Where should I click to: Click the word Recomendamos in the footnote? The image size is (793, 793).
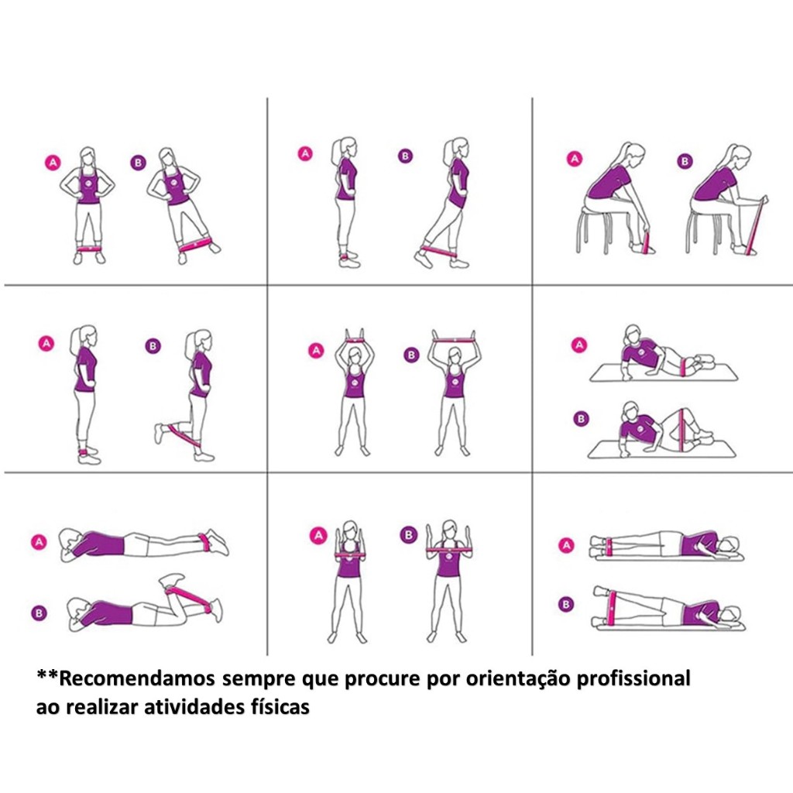tap(136, 678)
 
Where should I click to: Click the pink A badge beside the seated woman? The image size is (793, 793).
tap(574, 159)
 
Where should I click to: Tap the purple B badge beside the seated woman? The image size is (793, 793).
tap(685, 161)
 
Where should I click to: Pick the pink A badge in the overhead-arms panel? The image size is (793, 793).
tap(316, 351)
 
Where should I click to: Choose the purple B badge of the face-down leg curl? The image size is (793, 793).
tap(39, 613)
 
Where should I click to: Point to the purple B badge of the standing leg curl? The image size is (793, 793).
tap(153, 346)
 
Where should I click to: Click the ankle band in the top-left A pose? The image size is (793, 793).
tap(88, 249)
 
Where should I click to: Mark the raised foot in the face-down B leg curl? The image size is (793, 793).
tap(173, 579)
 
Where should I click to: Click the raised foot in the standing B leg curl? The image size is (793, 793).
tap(160, 434)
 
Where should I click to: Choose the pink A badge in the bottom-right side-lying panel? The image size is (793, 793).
tap(566, 545)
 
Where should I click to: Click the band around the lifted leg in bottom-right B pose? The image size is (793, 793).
tap(613, 607)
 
